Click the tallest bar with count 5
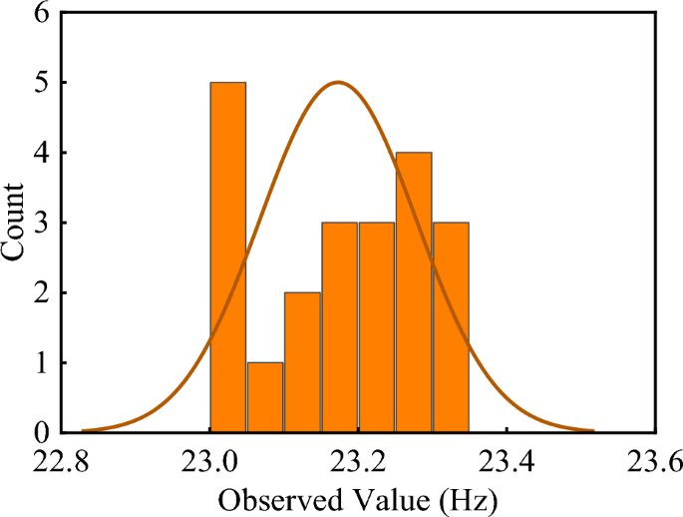click(x=228, y=258)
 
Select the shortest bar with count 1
click(x=265, y=397)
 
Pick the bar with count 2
click(x=302, y=362)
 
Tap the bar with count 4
click(x=414, y=292)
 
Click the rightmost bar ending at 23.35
click(x=451, y=327)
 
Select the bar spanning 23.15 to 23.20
click(x=339, y=327)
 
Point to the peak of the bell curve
click(x=339, y=83)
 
